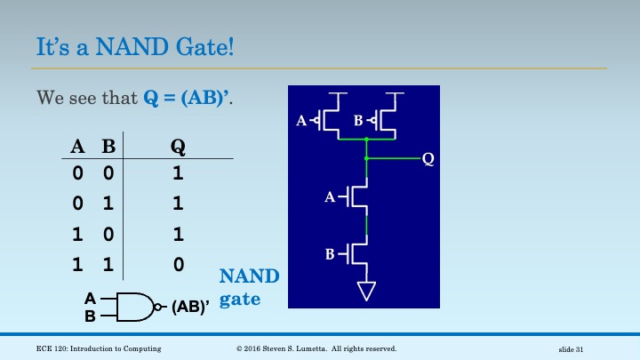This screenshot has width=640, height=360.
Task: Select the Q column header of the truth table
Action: click(x=178, y=148)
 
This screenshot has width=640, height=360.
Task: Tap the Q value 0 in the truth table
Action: click(x=178, y=264)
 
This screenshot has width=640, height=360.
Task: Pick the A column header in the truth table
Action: click(x=77, y=148)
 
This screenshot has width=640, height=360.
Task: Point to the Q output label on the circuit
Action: click(x=428, y=159)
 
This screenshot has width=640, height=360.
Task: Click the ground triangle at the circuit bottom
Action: click(x=367, y=290)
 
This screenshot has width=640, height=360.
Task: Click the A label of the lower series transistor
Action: click(x=330, y=198)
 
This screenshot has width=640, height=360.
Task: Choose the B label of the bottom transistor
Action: click(x=330, y=255)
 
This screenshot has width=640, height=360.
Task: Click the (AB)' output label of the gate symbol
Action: click(x=189, y=307)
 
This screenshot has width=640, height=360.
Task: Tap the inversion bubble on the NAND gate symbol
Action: click(x=158, y=307)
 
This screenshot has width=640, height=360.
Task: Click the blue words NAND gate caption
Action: click(x=249, y=287)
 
